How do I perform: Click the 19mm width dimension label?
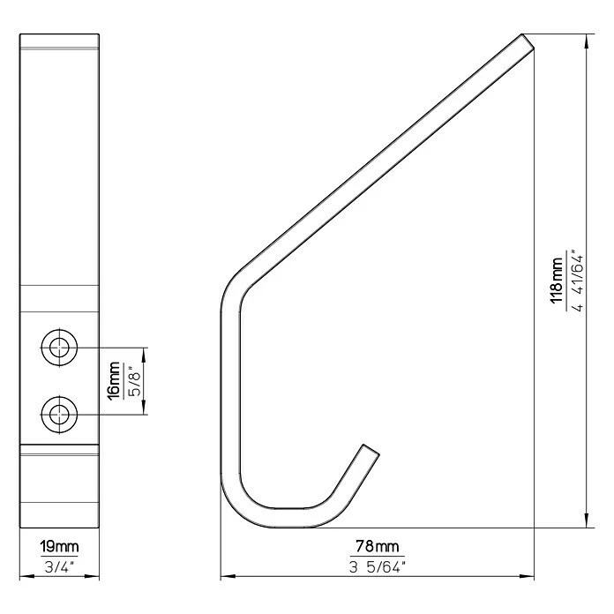coord(59,547)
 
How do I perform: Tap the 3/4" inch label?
coord(59,566)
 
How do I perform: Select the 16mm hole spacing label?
coord(115,380)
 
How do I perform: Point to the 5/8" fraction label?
coord(134,381)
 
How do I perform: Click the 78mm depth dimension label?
coord(377,546)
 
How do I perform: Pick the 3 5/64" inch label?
coord(377,566)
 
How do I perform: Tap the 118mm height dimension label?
coord(557,280)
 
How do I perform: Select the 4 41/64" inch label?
coord(578,280)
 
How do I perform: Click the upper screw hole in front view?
coord(59,348)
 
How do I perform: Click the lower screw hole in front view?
coord(59,415)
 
